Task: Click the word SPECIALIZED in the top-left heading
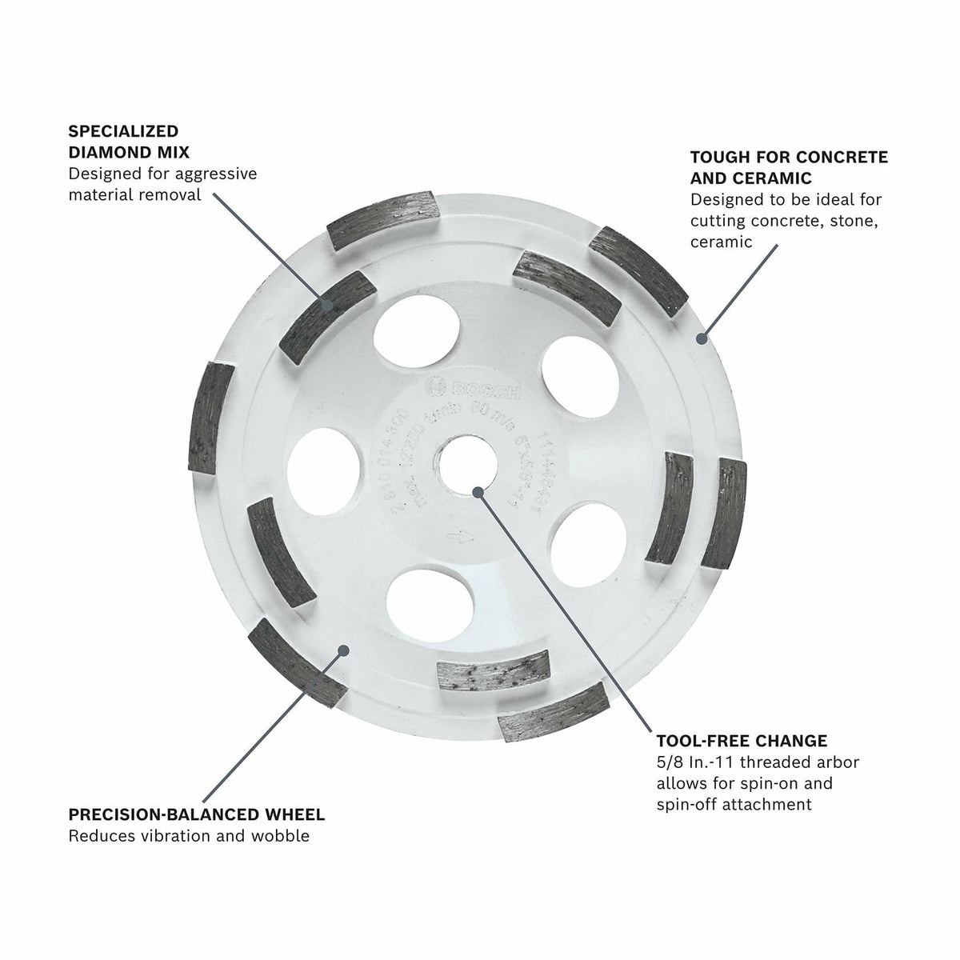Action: pos(123,131)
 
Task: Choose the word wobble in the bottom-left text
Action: pos(282,837)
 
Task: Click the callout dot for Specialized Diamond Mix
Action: pos(327,304)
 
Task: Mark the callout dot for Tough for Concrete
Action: pos(702,338)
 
